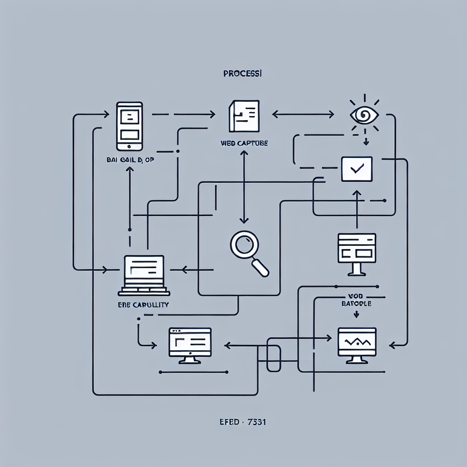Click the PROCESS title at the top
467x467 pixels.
(x=242, y=73)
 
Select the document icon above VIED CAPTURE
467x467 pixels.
(x=244, y=116)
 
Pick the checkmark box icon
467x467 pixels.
(x=357, y=169)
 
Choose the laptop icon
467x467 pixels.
(x=144, y=275)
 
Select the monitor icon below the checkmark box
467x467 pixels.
(x=357, y=254)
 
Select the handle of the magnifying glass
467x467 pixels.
(x=261, y=267)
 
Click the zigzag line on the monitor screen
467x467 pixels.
(x=357, y=341)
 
